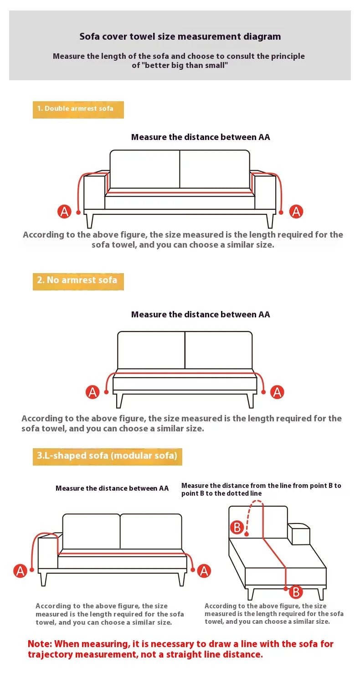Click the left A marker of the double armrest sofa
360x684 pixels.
point(64,211)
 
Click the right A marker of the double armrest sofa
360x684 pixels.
point(296,211)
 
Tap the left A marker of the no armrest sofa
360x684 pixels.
point(93,392)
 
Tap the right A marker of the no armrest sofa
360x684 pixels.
point(277,392)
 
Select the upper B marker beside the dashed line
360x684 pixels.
point(237,527)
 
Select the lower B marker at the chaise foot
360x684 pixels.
point(296,592)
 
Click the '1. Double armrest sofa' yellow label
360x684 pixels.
point(78,109)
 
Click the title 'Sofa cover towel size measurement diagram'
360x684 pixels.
point(180,36)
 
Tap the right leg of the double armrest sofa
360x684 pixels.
point(270,220)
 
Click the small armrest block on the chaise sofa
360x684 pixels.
point(299,534)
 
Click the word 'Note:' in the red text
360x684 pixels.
point(40,644)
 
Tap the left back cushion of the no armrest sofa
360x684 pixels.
point(151,350)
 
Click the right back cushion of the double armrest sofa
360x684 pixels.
point(215,169)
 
